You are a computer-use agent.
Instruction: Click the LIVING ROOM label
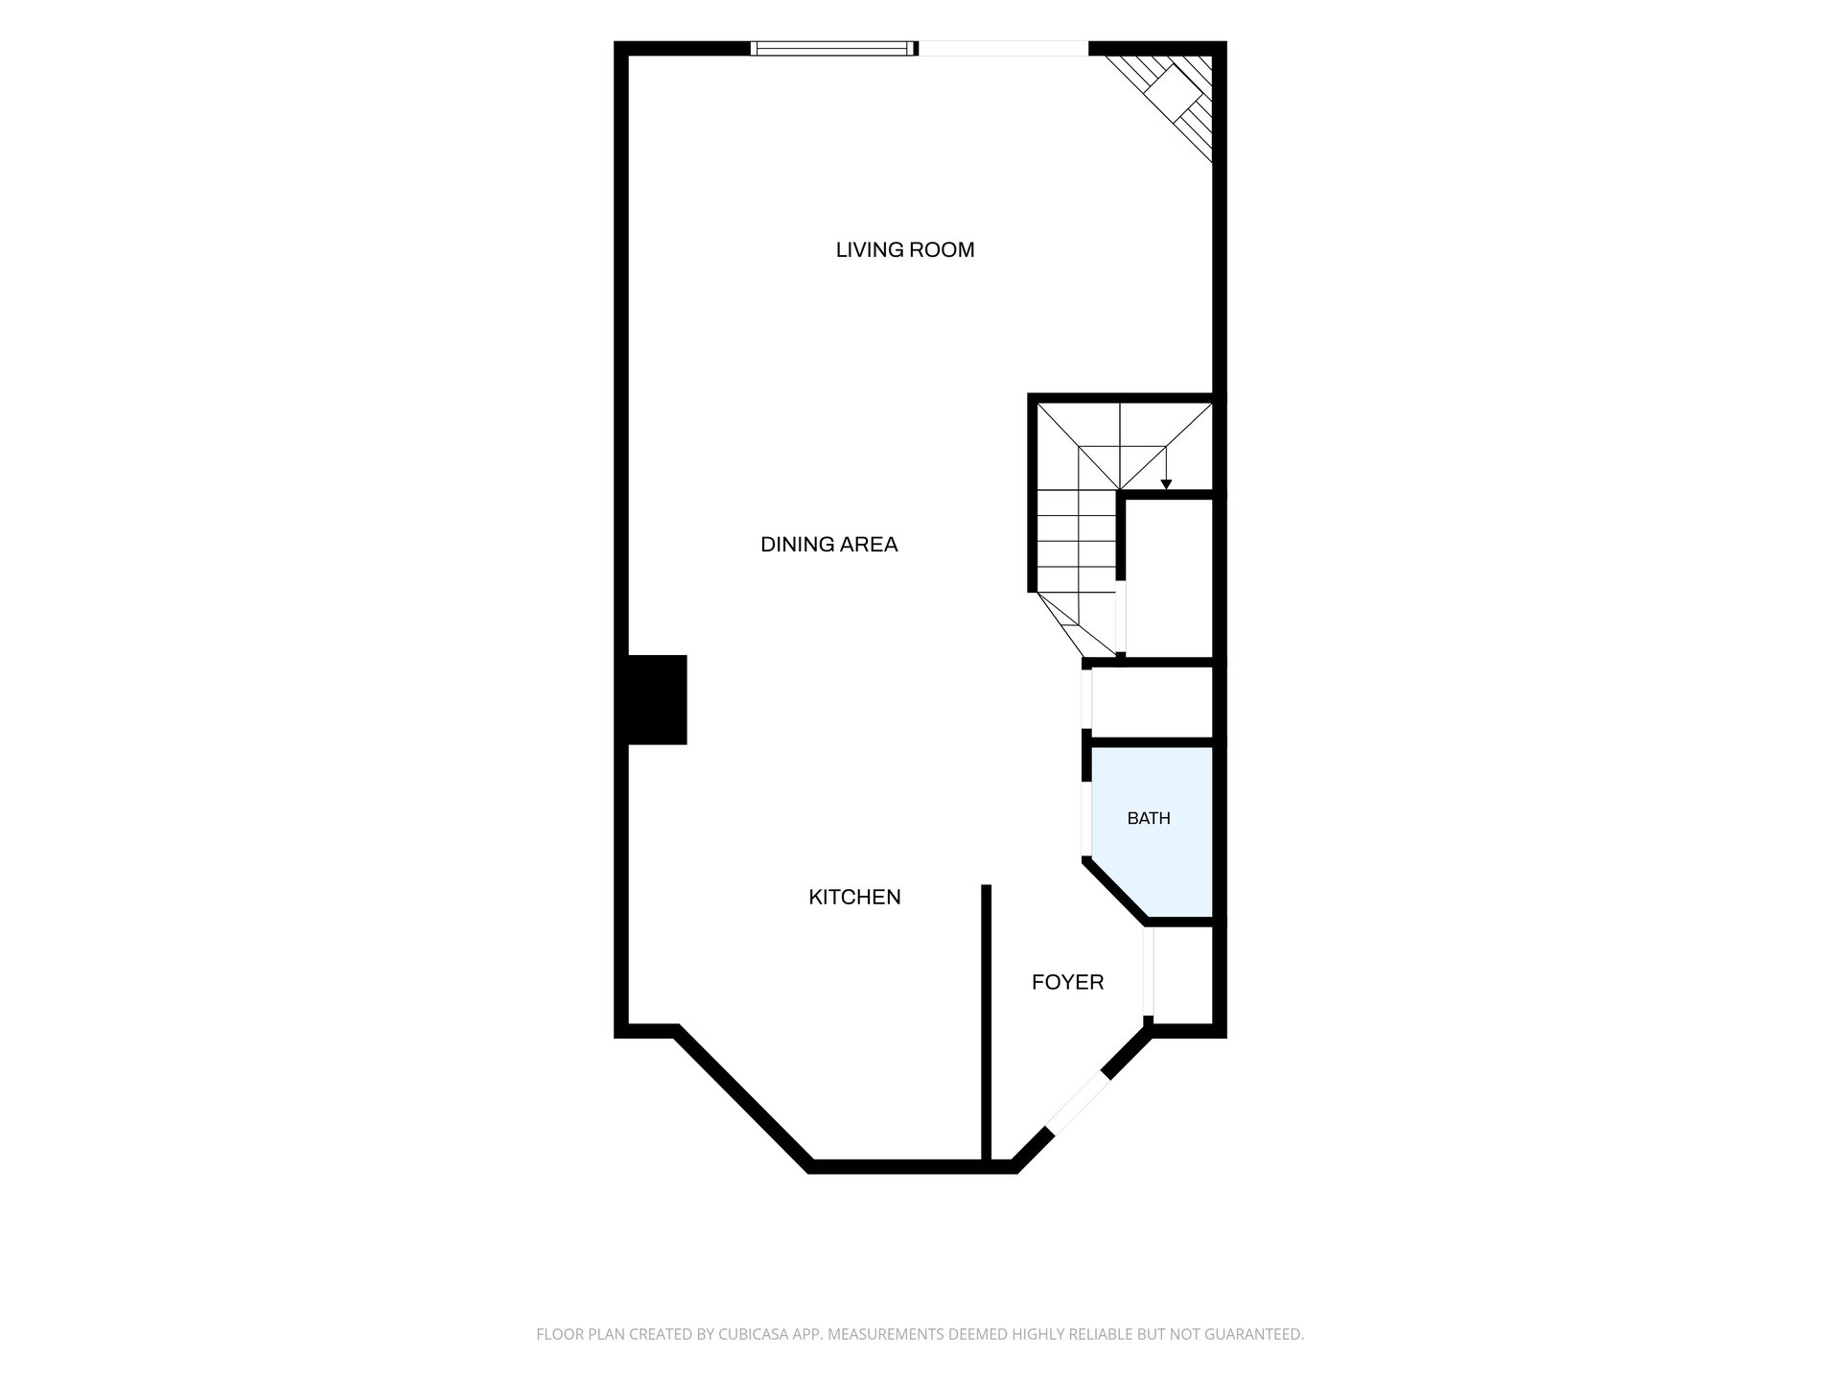pyautogui.click(x=905, y=250)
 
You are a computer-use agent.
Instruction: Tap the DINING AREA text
pyautogui.click(x=829, y=545)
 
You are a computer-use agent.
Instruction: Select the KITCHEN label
pyautogui.click(x=855, y=898)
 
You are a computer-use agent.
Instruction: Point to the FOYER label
pyautogui.click(x=1067, y=982)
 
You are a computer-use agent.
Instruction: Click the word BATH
pyautogui.click(x=1149, y=819)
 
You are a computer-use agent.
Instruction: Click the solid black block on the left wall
pyautogui.click(x=657, y=700)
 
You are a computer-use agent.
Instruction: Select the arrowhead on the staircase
pyautogui.click(x=1166, y=484)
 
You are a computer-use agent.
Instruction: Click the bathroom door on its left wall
pyautogui.click(x=1087, y=819)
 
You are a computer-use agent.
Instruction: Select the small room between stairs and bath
pyautogui.click(x=1153, y=703)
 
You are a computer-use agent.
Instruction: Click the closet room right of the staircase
pyautogui.click(x=1170, y=577)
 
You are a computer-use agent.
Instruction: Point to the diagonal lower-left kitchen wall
pyautogui.click(x=742, y=1099)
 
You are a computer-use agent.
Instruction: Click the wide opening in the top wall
pyautogui.click(x=1004, y=48)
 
